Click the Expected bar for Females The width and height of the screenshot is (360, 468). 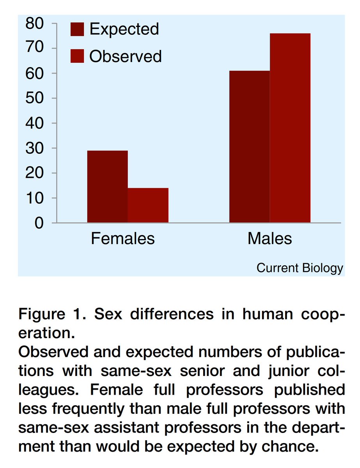click(107, 186)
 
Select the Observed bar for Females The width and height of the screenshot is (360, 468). click(148, 205)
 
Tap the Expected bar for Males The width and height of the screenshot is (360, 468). click(249, 147)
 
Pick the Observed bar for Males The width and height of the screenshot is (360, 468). click(290, 128)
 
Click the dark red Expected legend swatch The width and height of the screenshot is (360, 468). click(77, 29)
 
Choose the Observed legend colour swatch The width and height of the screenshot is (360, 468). click(77, 56)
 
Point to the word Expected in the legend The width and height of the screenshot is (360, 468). click(124, 29)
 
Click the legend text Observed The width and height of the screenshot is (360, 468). click(125, 56)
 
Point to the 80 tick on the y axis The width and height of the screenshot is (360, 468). click(34, 23)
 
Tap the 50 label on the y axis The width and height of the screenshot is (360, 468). click(34, 98)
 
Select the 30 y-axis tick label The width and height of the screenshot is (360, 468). click(34, 148)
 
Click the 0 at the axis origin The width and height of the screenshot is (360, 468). click(39, 223)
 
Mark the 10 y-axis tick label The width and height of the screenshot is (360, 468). click(34, 198)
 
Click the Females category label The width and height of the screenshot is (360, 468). click(123, 238)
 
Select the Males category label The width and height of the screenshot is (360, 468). click(270, 238)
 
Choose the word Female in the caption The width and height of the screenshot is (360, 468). click(116, 390)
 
